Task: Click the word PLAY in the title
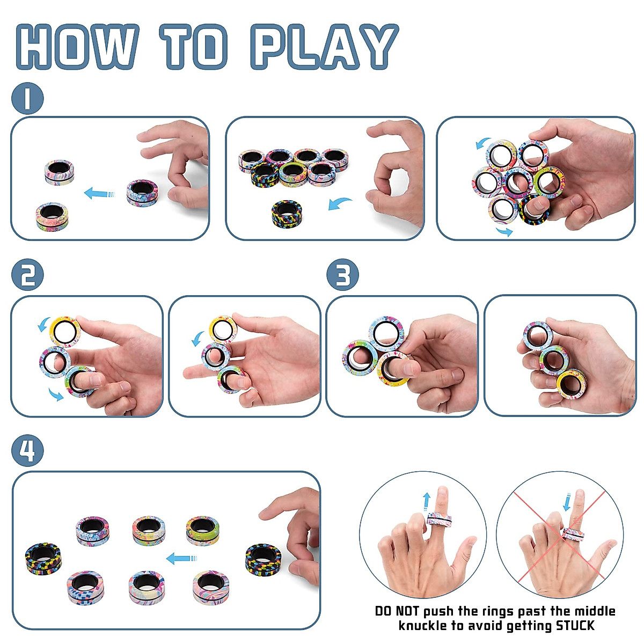pyautogui.click(x=324, y=47)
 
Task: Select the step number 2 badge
pyautogui.click(x=27, y=275)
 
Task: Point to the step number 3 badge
pyautogui.click(x=342, y=275)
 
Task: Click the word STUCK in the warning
pyautogui.click(x=575, y=626)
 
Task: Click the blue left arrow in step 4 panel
pyautogui.click(x=181, y=559)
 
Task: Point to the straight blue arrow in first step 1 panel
pyautogui.click(x=100, y=193)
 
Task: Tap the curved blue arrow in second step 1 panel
pyautogui.click(x=340, y=204)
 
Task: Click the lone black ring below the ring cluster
pyautogui.click(x=287, y=213)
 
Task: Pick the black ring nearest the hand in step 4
pyautogui.click(x=263, y=557)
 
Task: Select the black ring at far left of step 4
pyautogui.click(x=43, y=557)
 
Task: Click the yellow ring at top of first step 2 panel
pyautogui.click(x=64, y=330)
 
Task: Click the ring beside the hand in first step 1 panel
pyautogui.click(x=143, y=192)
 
